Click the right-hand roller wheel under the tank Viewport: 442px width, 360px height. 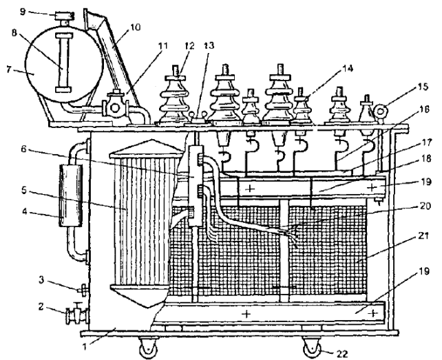point(311,348)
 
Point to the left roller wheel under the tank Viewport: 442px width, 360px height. point(147,348)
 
